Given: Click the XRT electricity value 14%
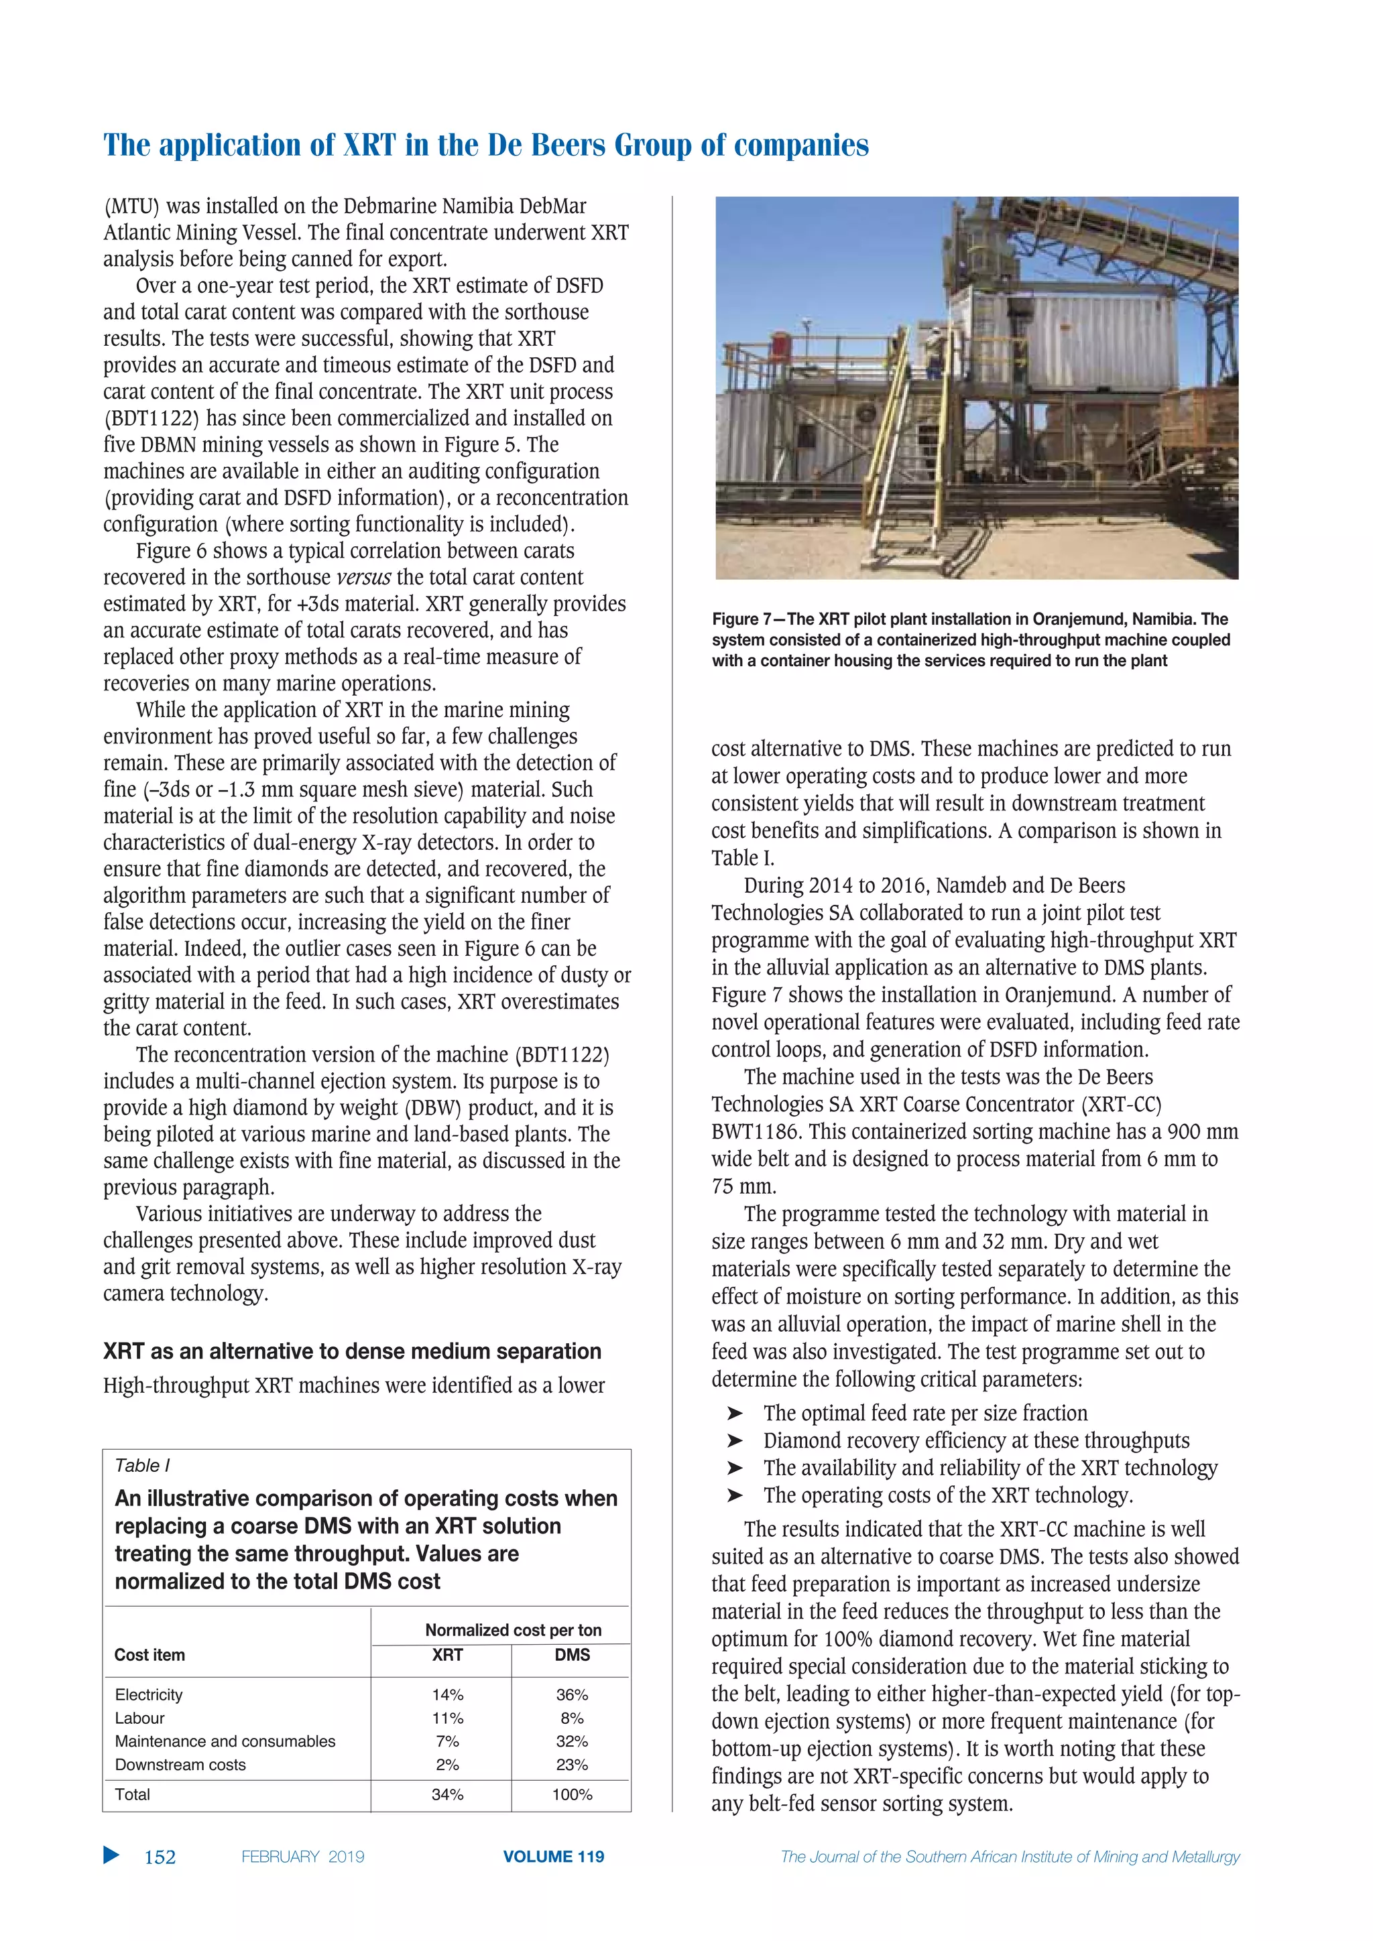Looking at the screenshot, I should [447, 1694].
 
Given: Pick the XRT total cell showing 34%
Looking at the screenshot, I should [447, 1794].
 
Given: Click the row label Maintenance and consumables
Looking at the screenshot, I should [225, 1741].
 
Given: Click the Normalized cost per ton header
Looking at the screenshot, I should [513, 1630].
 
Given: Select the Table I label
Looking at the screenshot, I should [142, 1465].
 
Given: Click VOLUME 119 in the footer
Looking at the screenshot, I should [553, 1857].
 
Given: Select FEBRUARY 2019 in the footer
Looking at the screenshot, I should [302, 1857].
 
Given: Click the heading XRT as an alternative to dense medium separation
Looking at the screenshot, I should [352, 1351].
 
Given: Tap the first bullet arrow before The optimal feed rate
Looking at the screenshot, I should [735, 1414].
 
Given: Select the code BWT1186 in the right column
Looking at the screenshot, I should [755, 1132].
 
